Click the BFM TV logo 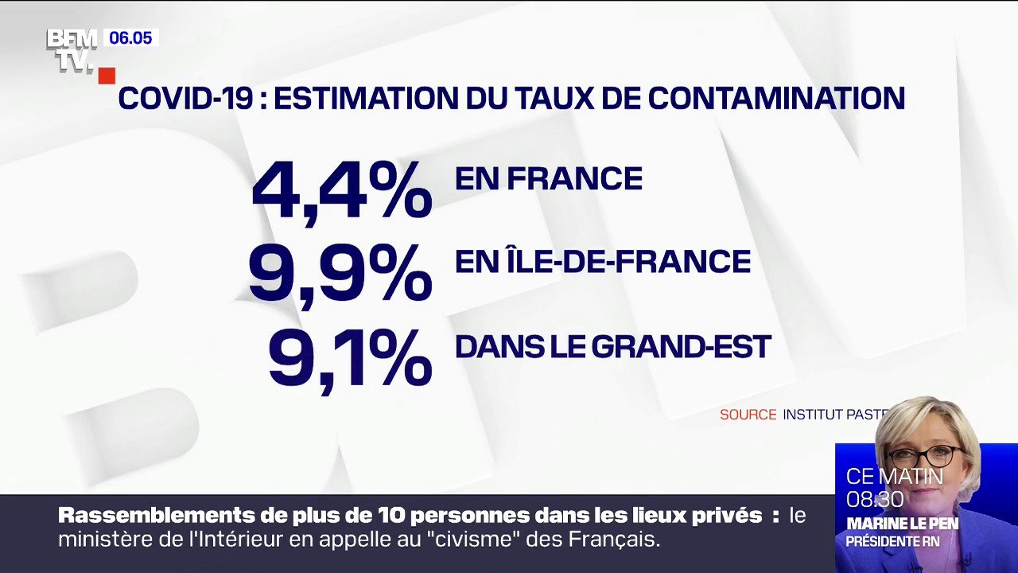(x=72, y=50)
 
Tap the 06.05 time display (x=130, y=38)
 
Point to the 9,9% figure (x=340, y=274)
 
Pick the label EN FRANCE (x=548, y=179)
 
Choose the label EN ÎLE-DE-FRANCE (x=602, y=262)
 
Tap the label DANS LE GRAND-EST (x=612, y=346)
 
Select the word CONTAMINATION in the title (x=776, y=98)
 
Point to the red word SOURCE (x=748, y=415)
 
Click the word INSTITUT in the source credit (x=812, y=415)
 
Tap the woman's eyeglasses (x=923, y=457)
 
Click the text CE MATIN (x=894, y=477)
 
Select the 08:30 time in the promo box (x=875, y=500)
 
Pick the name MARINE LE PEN (x=902, y=524)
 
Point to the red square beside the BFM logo (x=107, y=76)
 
